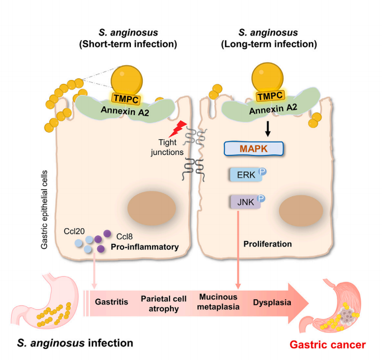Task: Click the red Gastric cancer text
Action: coord(335,345)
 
